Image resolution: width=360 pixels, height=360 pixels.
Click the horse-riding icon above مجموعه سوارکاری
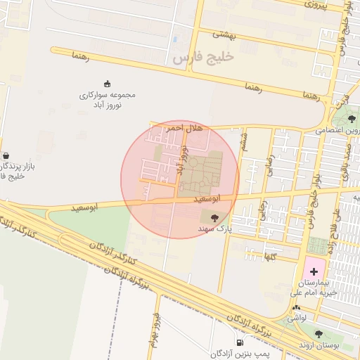click(x=107, y=84)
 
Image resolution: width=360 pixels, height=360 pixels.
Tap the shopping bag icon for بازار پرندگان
click(x=6, y=156)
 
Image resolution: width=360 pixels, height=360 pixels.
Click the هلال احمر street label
click(x=184, y=128)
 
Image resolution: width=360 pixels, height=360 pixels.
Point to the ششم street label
click(x=244, y=143)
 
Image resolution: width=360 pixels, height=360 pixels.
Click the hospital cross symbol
click(x=314, y=271)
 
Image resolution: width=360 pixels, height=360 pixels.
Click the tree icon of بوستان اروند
click(x=319, y=335)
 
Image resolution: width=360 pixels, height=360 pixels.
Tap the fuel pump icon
click(x=240, y=343)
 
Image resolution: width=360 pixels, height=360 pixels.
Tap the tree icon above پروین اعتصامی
click(x=352, y=119)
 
